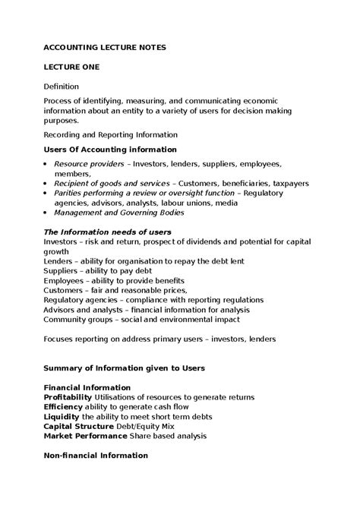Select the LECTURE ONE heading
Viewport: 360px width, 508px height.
(x=71, y=67)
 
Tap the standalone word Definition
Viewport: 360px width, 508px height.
(x=62, y=87)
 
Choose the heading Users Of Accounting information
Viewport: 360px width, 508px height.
(x=110, y=150)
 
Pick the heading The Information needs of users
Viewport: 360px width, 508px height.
(x=107, y=231)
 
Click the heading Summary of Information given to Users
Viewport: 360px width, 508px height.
(x=124, y=368)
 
